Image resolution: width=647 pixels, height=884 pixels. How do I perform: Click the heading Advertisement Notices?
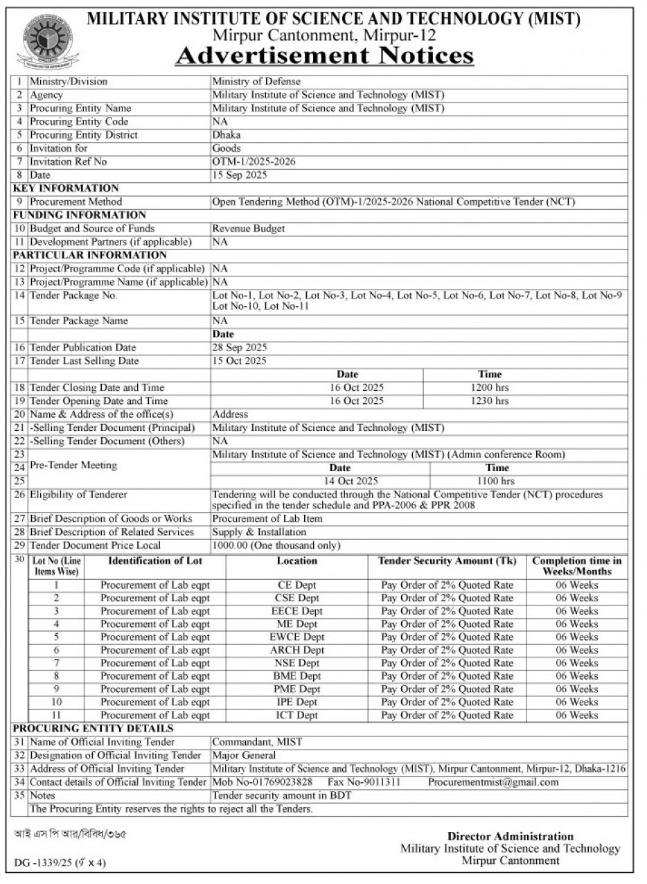click(324, 55)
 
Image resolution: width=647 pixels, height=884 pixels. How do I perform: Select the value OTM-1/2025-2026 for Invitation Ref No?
click(254, 161)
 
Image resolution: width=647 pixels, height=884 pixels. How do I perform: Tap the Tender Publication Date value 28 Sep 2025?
click(240, 347)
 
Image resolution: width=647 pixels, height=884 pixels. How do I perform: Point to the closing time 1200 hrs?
click(489, 387)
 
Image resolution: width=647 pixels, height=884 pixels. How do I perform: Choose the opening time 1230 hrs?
click(489, 400)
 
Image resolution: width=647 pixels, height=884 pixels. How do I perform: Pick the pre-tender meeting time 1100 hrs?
click(496, 481)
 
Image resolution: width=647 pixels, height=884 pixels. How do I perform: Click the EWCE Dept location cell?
click(297, 637)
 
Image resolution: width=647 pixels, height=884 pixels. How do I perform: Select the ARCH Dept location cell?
click(297, 650)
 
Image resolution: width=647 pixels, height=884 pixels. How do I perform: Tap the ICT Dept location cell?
click(297, 715)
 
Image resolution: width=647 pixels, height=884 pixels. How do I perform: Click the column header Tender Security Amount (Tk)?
click(447, 560)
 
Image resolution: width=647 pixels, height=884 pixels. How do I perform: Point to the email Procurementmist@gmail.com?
click(493, 782)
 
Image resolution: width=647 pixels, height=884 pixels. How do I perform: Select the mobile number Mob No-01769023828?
click(263, 782)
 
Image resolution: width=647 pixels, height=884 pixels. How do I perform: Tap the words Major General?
click(244, 755)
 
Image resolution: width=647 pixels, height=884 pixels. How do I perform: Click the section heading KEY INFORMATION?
click(66, 188)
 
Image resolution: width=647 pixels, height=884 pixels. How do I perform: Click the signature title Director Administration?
click(510, 836)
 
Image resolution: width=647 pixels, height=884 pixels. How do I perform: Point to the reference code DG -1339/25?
click(46, 863)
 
